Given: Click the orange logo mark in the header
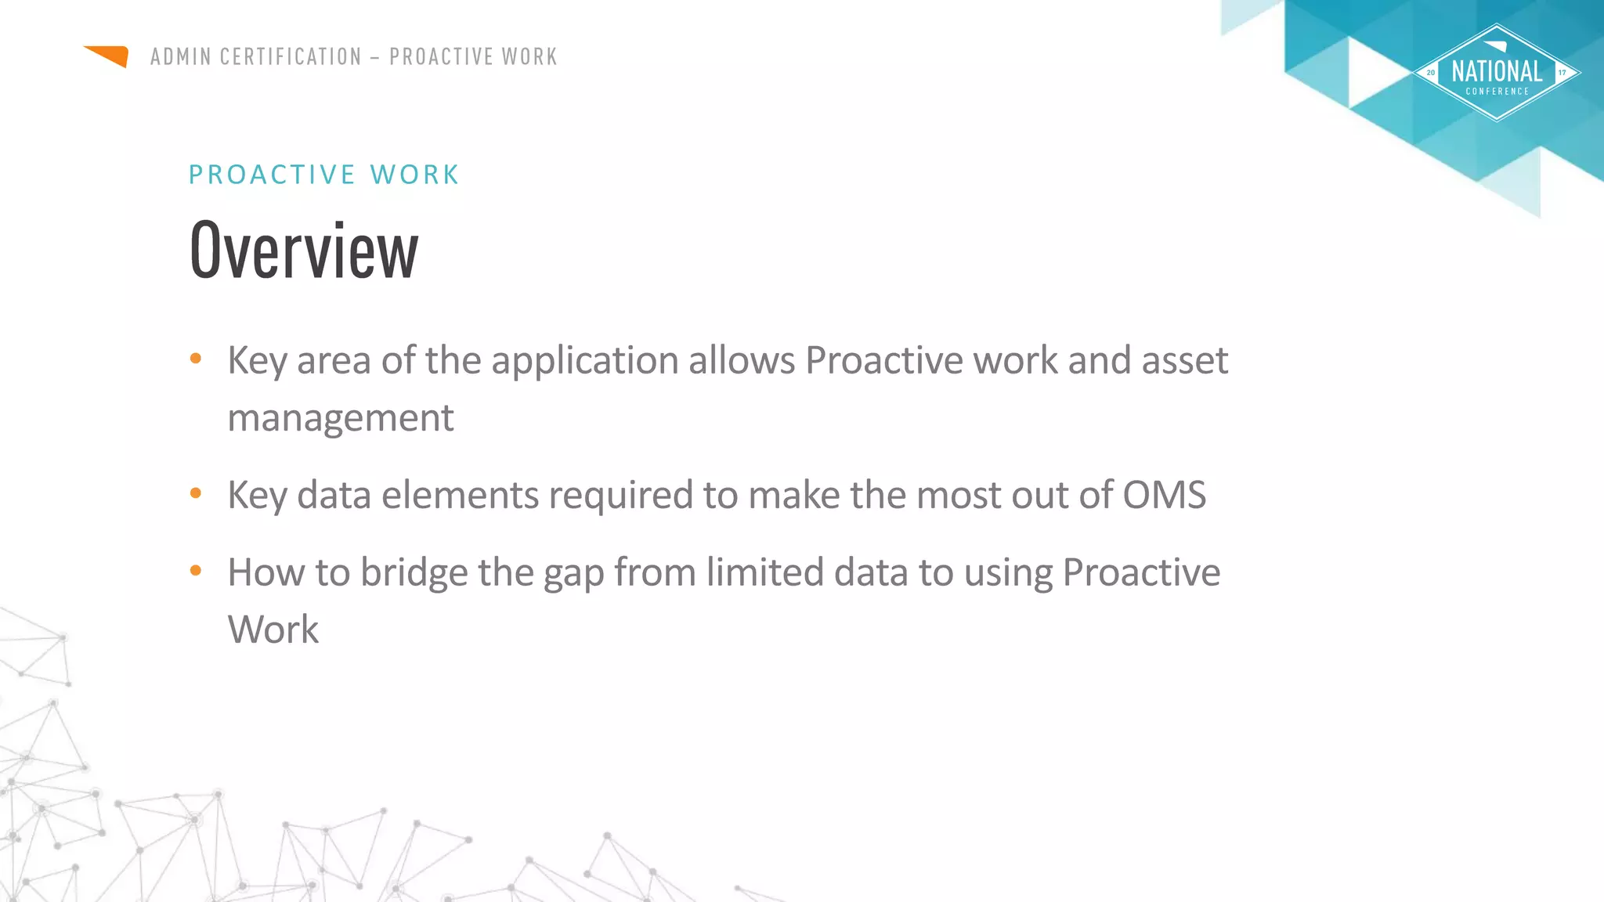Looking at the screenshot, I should (x=108, y=56).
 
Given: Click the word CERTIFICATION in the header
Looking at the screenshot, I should (x=291, y=57).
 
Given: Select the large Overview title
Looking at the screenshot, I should (x=304, y=251).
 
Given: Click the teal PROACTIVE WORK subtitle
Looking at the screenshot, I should (x=324, y=175).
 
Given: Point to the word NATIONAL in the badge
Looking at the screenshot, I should (x=1497, y=72).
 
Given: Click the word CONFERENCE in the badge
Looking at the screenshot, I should (x=1497, y=92).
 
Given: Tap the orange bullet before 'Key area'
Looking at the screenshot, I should (x=196, y=359).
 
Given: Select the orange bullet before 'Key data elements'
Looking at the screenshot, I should (x=196, y=493).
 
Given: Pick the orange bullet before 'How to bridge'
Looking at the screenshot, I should (x=196, y=571).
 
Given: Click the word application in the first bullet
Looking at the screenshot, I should (x=584, y=362).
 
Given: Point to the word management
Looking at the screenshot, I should (x=340, y=418).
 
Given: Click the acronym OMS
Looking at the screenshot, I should (x=1164, y=495).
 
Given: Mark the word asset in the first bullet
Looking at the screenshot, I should (x=1184, y=362).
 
